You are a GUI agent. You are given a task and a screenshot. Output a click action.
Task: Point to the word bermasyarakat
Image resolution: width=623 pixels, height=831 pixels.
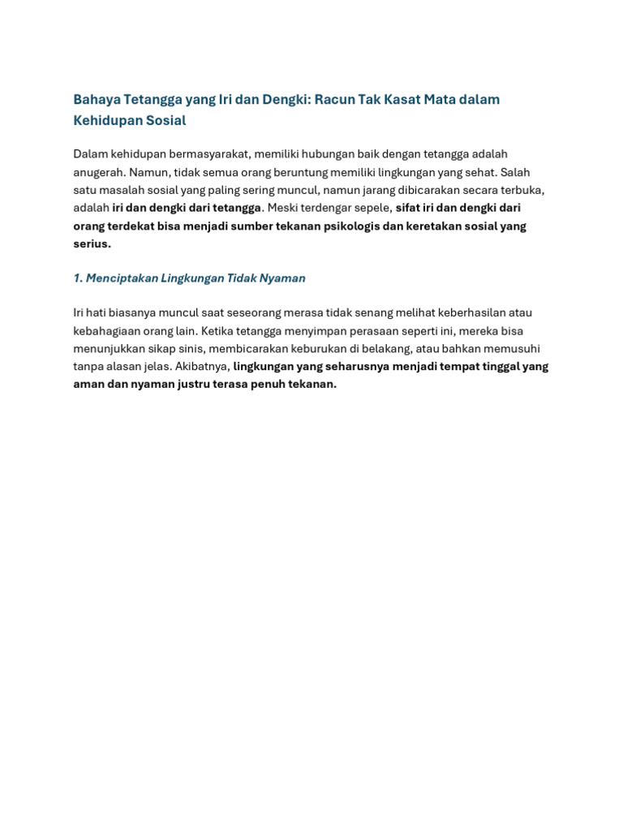(208, 154)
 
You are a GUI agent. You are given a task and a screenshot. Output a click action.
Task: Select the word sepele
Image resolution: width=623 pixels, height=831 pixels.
(372, 208)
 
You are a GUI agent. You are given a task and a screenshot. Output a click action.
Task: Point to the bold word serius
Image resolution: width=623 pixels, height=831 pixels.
(92, 243)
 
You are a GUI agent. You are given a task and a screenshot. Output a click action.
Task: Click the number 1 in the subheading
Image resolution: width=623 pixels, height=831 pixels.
(77, 278)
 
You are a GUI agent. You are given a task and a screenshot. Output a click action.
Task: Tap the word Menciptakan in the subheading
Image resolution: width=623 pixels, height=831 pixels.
(122, 278)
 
